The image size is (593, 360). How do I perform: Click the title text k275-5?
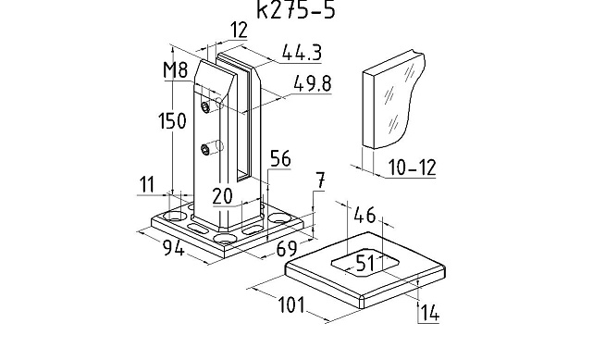296,10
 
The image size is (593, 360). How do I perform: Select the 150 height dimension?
172,121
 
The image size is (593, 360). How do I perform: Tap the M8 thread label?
176,70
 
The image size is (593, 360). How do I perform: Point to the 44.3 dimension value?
302,53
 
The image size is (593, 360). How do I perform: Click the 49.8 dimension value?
313,84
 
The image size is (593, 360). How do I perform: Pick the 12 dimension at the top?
239,30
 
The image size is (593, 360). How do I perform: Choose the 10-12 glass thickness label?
413,168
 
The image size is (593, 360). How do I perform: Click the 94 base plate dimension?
174,248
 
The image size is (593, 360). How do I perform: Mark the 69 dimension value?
287,248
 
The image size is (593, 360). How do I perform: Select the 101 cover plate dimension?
291,304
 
